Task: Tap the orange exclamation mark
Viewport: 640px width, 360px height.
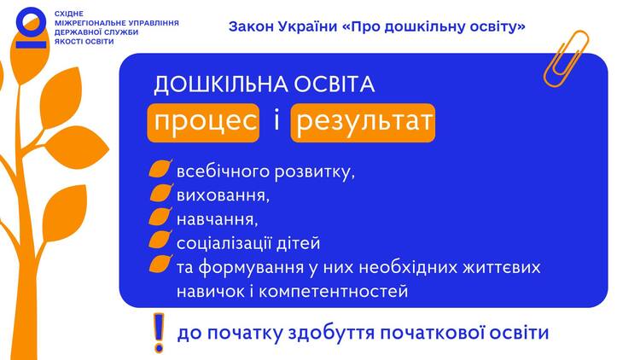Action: (x=159, y=333)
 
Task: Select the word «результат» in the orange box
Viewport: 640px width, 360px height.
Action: (x=364, y=123)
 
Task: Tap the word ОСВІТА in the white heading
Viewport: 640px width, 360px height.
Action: (x=334, y=84)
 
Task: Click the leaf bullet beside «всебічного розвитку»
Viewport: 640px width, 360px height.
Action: (x=160, y=169)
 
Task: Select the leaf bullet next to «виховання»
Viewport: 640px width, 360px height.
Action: (x=160, y=193)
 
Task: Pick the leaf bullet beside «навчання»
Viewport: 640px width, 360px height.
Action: (x=160, y=217)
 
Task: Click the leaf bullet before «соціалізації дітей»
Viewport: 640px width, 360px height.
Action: (x=160, y=240)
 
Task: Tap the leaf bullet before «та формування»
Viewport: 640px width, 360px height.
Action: (x=160, y=264)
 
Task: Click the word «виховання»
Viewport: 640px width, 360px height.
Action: (x=223, y=196)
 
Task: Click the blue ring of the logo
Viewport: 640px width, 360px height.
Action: (x=32, y=22)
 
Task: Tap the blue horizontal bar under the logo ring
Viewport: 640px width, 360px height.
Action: (x=32, y=44)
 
